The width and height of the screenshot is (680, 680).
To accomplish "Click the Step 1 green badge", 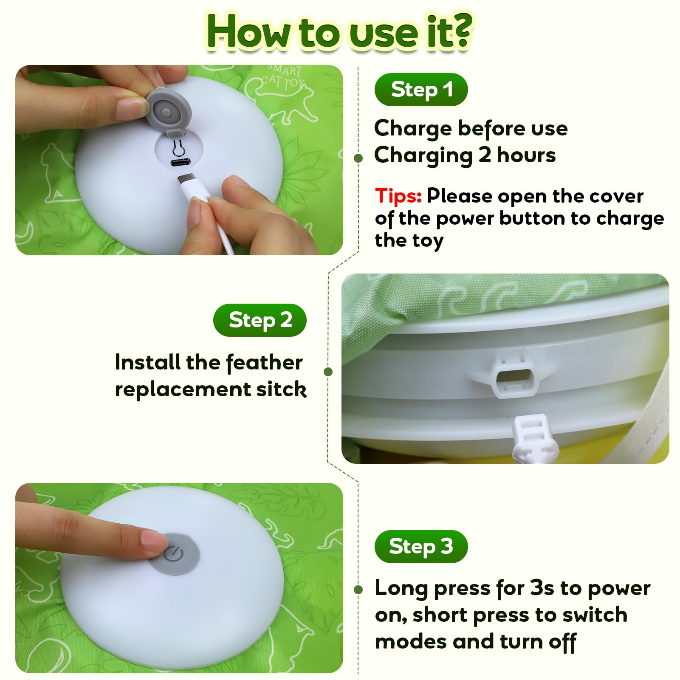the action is pos(421,90).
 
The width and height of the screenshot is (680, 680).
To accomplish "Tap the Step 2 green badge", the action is pos(260,320).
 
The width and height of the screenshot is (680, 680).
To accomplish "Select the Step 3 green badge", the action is pos(421,547).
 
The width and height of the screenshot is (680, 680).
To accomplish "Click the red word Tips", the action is pos(398,196).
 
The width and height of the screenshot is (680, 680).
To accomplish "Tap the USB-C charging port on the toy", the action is pos(181,163).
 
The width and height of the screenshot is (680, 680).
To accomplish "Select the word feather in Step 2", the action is pos(264,363).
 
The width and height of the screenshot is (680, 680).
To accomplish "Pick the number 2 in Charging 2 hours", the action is pos(485,155).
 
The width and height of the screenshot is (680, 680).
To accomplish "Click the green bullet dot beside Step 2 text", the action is pos(328,372).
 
